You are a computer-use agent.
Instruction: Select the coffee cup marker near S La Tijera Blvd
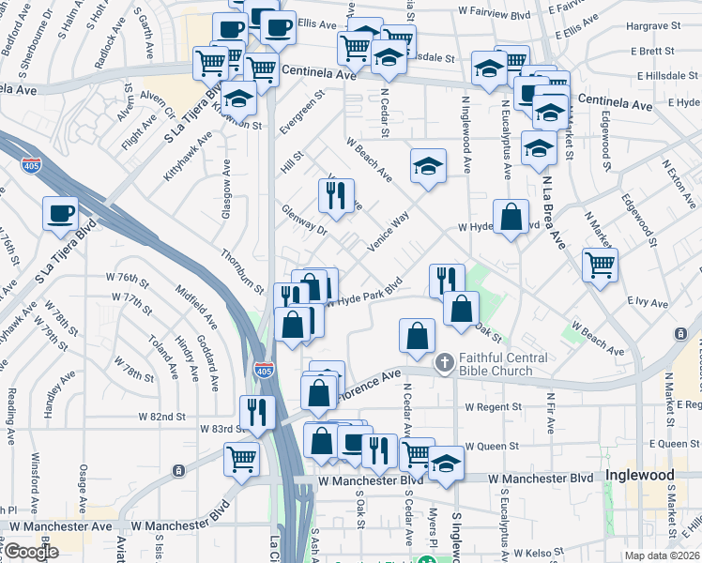pos(61,213)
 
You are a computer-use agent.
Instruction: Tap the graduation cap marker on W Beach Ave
pos(427,167)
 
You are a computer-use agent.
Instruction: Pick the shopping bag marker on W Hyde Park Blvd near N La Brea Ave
pos(510,218)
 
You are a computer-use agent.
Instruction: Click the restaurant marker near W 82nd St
pos(256,411)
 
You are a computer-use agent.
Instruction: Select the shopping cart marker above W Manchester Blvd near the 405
pos(241,461)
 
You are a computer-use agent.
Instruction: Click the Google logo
pos(31,552)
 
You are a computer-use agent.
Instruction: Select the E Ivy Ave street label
pos(647,303)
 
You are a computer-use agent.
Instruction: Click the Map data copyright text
pos(662,555)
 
